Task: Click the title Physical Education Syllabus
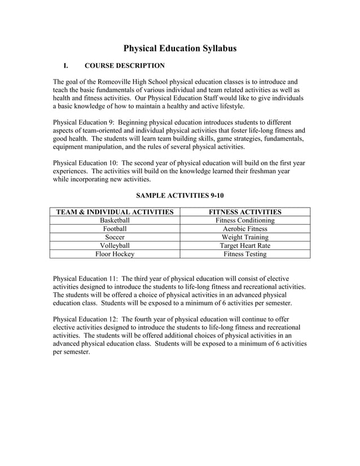point(180,49)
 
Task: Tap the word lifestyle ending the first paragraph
point(229,105)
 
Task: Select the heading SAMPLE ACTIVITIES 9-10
point(180,196)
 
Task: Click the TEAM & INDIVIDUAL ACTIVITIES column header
point(115,212)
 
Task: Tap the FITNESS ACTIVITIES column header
point(245,212)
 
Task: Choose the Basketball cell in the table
point(115,221)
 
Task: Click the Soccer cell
point(115,238)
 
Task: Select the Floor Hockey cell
point(115,254)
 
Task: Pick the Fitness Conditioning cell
point(245,221)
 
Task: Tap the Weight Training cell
point(245,238)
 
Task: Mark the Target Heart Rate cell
point(245,246)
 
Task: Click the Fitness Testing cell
point(245,254)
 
